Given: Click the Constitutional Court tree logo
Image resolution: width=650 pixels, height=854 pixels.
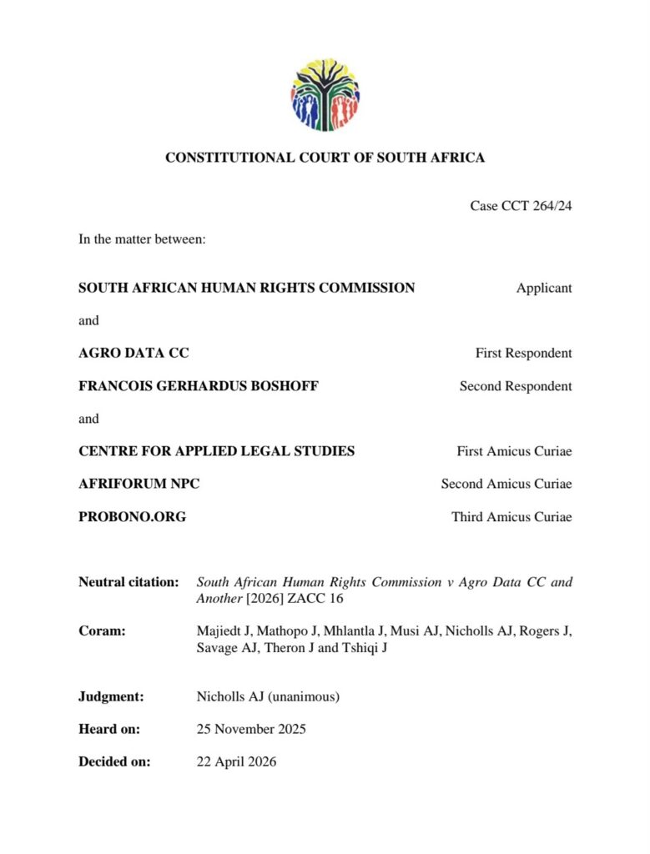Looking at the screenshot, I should [x=325, y=94].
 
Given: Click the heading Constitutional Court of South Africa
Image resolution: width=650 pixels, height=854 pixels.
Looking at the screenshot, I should [x=325, y=158].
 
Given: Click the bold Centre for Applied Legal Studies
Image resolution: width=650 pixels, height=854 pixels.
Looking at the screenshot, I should [x=216, y=451].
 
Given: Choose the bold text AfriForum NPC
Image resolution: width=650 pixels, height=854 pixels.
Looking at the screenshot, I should [x=139, y=484].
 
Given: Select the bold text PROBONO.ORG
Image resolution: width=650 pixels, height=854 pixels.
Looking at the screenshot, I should [x=132, y=517].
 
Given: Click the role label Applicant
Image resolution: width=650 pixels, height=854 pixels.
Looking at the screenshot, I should [x=544, y=288].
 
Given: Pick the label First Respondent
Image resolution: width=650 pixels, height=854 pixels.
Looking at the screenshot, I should [x=523, y=353].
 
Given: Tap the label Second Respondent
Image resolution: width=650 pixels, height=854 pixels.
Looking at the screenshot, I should [x=516, y=386].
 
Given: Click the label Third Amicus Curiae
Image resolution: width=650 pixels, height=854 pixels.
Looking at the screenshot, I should [x=511, y=517].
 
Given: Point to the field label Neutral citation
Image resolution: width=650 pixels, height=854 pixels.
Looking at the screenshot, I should [x=128, y=581].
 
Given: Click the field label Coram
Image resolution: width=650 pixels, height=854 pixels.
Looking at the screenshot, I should [x=102, y=630].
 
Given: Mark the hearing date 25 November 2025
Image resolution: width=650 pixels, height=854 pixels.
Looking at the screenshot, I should [x=251, y=729].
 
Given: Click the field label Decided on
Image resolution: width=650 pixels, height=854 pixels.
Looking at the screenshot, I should [x=114, y=761].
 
